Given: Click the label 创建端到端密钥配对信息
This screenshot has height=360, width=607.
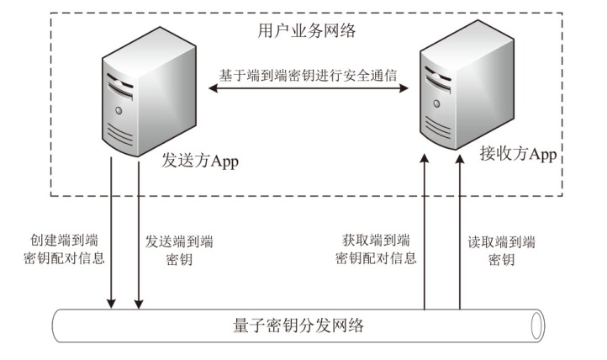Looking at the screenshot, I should click(x=65, y=249).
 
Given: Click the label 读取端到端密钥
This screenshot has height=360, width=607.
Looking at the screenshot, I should click(x=502, y=249).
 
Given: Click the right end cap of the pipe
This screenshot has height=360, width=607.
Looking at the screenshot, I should click(x=536, y=325).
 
